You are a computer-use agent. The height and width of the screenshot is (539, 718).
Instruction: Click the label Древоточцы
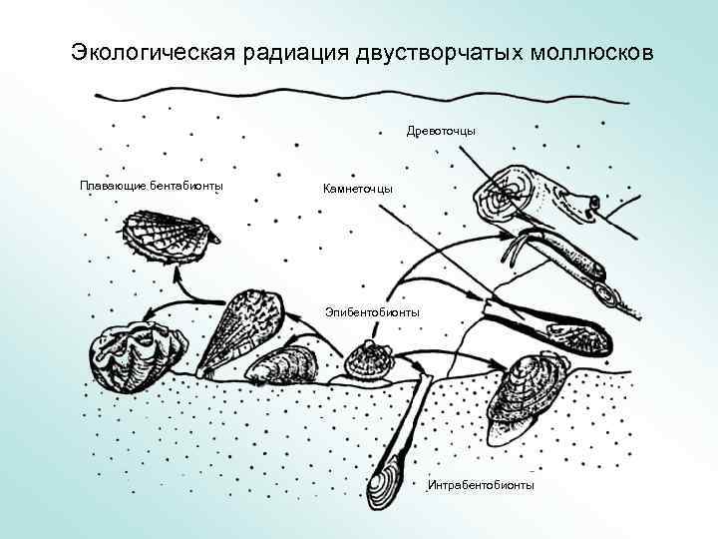[x=441, y=131]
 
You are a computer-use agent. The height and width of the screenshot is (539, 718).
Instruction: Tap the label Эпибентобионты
[x=372, y=312]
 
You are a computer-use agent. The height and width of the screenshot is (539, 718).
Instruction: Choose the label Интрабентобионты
[x=480, y=485]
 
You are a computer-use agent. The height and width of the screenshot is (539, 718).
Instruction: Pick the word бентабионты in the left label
[x=186, y=186]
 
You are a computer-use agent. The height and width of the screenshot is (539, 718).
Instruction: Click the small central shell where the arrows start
[x=367, y=358]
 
